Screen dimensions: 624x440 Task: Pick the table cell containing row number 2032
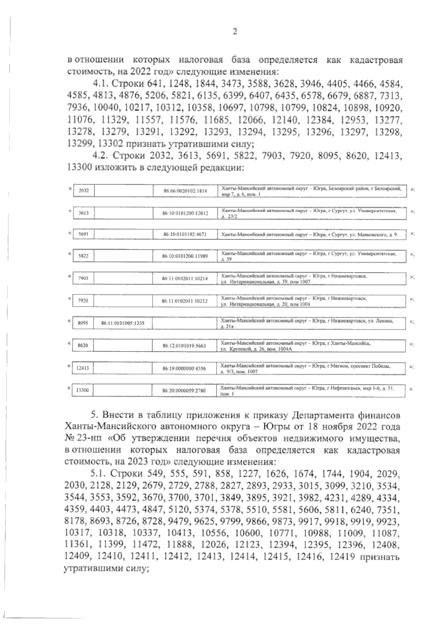84,191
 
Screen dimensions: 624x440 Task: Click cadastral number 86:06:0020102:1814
185,191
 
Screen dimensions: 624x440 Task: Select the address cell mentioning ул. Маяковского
312,234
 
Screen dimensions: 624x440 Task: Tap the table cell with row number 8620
84,345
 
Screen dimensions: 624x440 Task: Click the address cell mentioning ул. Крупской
312,345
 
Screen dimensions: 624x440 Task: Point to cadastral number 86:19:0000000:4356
185,368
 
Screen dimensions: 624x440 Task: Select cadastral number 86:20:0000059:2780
185,391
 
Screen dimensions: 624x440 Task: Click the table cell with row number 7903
84,278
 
